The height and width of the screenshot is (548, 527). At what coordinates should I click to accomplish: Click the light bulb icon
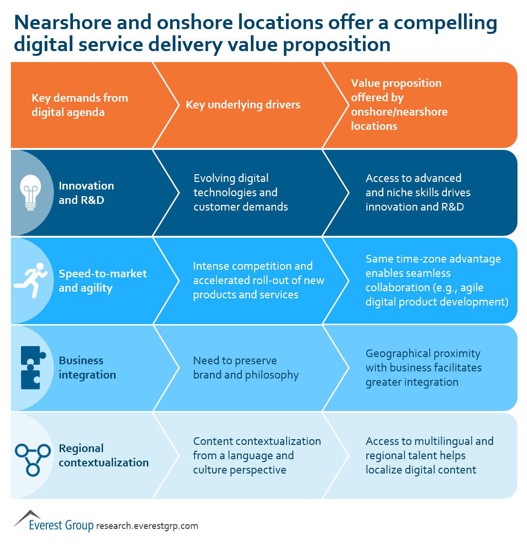coord(31,192)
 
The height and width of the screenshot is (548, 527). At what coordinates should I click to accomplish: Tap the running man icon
coord(31,280)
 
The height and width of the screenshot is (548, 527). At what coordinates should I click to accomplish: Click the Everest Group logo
coord(53,521)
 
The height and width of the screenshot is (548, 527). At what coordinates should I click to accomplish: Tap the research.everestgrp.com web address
coord(147,526)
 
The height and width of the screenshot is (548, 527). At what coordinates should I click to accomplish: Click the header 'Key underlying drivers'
coord(243,105)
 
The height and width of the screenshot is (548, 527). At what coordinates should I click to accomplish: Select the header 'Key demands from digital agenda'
coord(80,105)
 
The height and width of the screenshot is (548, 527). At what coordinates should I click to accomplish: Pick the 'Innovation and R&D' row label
coord(86,192)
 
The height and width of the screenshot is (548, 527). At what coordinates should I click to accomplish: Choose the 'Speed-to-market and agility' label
coord(103,281)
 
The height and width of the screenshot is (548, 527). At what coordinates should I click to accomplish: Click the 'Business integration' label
coord(87,368)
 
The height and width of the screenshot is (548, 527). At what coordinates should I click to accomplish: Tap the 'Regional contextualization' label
coord(103,455)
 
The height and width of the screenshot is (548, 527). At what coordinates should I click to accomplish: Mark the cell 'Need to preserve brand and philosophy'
coord(246,368)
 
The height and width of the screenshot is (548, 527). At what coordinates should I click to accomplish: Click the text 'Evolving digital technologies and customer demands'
coord(241,192)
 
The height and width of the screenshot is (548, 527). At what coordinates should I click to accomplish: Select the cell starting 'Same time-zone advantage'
coord(437,280)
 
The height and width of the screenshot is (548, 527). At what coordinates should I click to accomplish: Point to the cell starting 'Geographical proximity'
coord(424,368)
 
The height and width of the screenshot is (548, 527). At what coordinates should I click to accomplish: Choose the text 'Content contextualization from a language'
coord(257,448)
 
